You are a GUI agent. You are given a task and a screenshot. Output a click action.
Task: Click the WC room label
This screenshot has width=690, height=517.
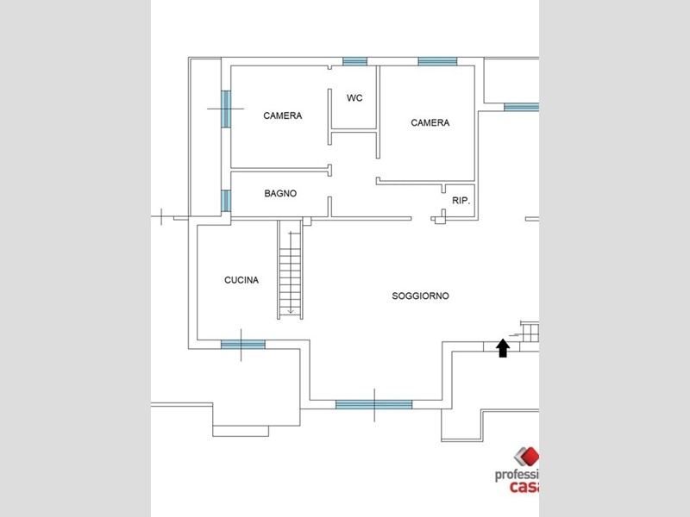pos(354,98)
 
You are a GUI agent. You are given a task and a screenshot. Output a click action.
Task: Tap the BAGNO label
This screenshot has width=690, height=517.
pos(280,193)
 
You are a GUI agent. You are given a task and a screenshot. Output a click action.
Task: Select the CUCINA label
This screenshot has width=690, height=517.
pos(241,280)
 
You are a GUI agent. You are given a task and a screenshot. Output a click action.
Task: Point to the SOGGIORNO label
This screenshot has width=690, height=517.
pos(420,296)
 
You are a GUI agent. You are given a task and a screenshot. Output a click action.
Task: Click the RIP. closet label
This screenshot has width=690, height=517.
pos(461,201)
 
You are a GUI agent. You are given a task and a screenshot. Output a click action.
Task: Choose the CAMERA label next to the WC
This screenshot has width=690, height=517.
pos(283,115)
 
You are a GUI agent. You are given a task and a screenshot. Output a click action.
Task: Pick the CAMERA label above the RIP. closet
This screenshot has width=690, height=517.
pos(430,122)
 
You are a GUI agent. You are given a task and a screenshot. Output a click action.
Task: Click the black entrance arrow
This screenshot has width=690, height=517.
pos(503,348)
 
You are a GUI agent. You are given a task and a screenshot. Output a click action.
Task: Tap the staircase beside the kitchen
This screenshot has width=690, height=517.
pos(290,270)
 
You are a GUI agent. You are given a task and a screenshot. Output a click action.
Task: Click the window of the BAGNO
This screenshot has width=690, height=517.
pos(226,201)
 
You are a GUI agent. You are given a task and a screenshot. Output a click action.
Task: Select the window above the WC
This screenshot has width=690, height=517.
pos(354,61)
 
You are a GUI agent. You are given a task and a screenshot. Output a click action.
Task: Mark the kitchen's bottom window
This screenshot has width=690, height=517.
pos(243,345)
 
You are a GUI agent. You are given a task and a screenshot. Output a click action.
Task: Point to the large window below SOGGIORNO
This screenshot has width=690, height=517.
pos(373,405)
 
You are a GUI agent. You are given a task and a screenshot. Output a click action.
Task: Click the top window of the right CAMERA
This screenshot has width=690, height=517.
pos(437,61)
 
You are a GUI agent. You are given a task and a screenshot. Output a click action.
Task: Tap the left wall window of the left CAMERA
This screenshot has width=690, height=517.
pos(226,109)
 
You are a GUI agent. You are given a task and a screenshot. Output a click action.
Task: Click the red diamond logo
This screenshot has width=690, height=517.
pos(528,457)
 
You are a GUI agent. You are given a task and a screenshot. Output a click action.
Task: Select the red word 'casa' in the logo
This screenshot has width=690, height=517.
pos(524,487)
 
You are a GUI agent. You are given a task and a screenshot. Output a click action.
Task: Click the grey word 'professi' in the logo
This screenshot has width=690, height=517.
pos(517,476)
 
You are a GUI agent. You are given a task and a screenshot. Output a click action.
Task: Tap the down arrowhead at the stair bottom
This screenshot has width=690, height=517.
pos(291,311)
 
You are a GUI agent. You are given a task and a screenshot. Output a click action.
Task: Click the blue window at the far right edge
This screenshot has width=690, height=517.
pos(522,107)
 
